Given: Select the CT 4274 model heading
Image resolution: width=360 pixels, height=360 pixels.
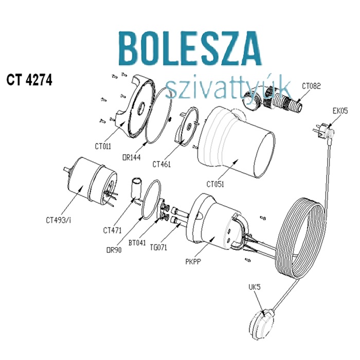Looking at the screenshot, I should [x=29, y=81].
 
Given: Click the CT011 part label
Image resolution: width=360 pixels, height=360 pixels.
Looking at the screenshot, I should [x=103, y=146].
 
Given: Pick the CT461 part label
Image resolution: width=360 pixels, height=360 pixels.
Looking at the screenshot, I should [x=162, y=165].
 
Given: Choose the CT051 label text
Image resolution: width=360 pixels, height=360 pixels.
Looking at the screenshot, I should [x=217, y=183].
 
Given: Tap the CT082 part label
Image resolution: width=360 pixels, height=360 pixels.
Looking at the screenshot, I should [x=311, y=86].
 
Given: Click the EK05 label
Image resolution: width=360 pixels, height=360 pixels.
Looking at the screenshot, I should [x=340, y=110].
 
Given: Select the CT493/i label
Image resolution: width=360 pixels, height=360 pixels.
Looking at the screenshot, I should [x=58, y=221].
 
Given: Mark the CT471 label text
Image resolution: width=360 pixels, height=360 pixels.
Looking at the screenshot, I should [x=112, y=229].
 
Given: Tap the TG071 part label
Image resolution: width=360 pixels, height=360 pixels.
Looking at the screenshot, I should [x=159, y=247].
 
